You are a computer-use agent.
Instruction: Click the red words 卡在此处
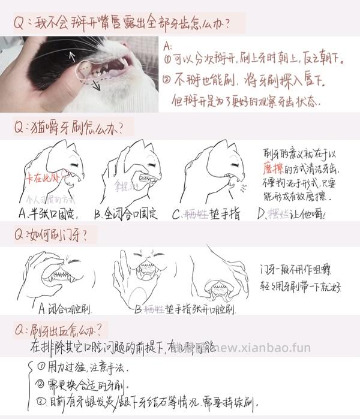pyautogui.click(x=41, y=178)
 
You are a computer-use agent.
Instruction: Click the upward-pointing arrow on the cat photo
pyautogui.click(x=73, y=57)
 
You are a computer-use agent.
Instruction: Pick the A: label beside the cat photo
pyautogui.click(x=167, y=46)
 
